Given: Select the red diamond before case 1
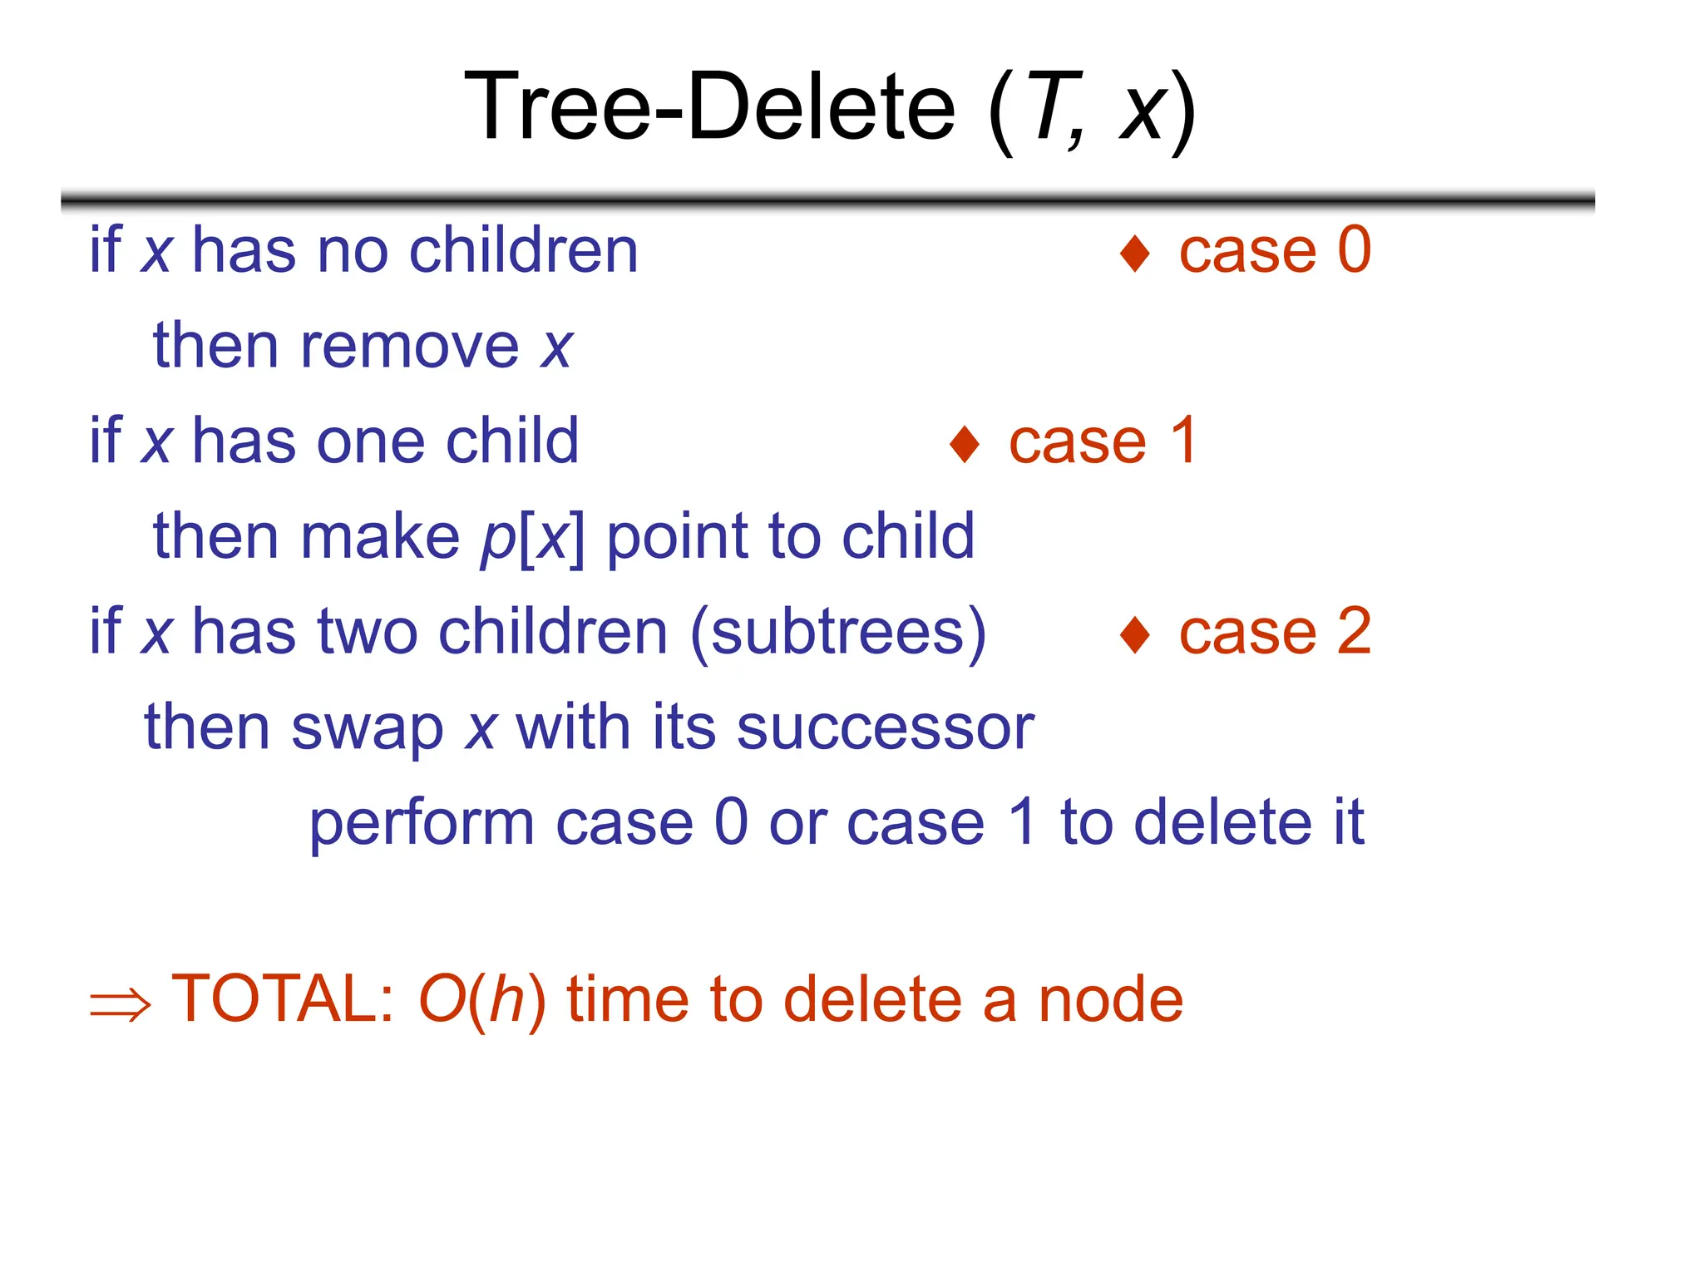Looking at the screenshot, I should pos(965,444).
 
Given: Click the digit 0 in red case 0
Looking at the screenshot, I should pos(1354,249).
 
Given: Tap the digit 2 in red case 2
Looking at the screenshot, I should pos(1354,632).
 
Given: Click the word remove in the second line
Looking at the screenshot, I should pos(409,346).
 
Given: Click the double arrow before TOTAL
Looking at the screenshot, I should pos(120,1004).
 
